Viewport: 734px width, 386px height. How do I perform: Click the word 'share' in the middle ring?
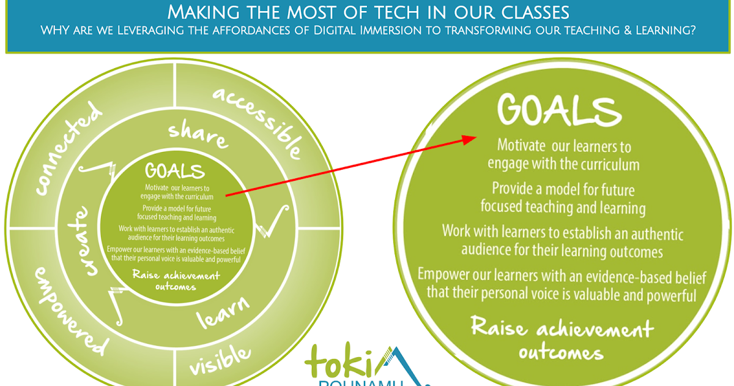tap(198, 134)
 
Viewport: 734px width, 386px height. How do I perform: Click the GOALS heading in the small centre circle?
tap(175, 170)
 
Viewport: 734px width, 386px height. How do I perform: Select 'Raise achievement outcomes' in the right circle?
tap(562, 339)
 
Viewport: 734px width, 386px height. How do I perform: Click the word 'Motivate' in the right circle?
tap(522, 146)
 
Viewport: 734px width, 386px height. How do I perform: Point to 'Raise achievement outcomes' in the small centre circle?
tap(176, 280)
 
